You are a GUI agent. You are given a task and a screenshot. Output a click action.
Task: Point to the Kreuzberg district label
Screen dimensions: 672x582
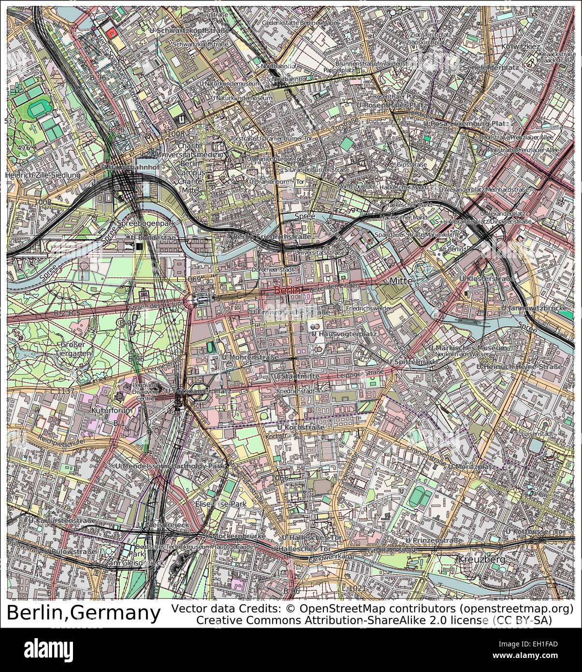pyautogui.click(x=481, y=560)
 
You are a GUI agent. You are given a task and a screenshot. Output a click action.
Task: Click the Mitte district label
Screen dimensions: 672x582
pyautogui.click(x=401, y=280)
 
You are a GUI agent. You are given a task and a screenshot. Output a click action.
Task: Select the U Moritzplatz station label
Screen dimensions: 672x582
pyautogui.click(x=471, y=467)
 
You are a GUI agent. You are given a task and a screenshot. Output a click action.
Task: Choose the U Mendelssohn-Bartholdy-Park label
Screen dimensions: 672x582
pyautogui.click(x=171, y=467)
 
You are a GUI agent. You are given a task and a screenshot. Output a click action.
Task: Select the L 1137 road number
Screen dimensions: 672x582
pyautogui.click(x=63, y=390)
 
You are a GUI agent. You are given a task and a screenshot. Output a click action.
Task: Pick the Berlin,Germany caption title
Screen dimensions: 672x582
pyautogui.click(x=83, y=614)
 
